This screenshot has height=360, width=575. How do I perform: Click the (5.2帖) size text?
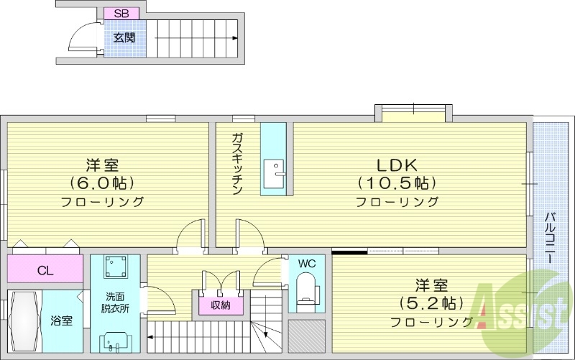431,302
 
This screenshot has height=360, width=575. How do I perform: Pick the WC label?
306,263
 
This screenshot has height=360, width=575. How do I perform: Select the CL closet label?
45,271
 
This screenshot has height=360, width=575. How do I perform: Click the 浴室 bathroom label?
61,320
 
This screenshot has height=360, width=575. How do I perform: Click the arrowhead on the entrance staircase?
235,38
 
